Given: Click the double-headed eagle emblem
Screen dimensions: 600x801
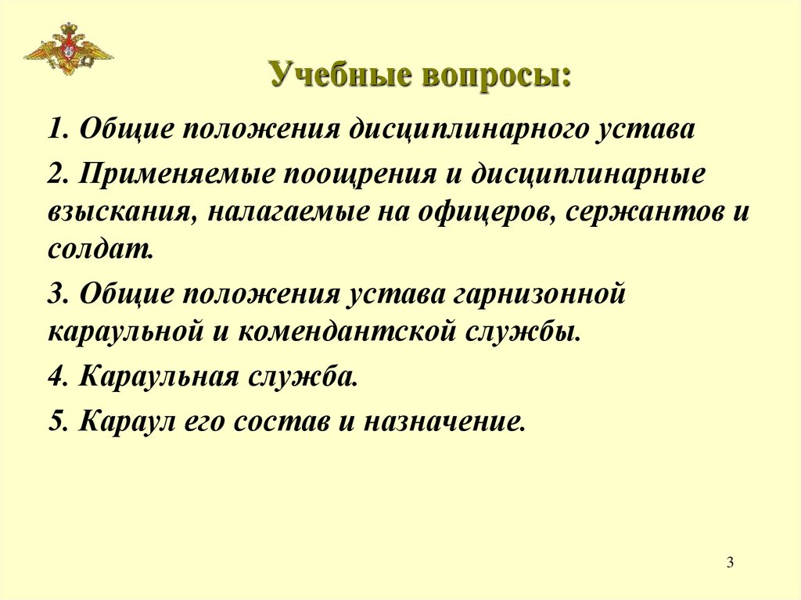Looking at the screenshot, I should [x=68, y=49].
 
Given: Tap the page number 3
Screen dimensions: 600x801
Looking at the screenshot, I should [x=729, y=562].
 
